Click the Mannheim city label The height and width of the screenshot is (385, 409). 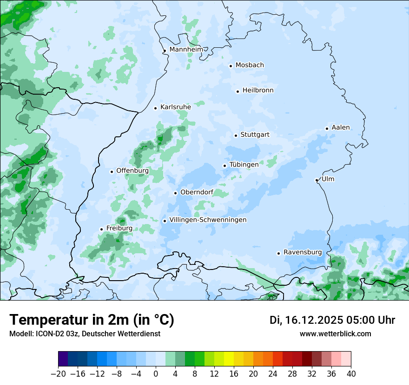(186, 49)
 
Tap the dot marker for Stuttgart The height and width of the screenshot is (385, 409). (236, 135)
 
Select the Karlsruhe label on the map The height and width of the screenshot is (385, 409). (176, 107)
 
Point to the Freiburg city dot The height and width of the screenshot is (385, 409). (101, 229)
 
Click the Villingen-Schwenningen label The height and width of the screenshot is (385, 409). (208, 220)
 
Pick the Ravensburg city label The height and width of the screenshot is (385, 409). (303, 252)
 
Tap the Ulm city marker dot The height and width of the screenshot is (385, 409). (317, 180)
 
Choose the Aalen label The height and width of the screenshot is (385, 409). (341, 128)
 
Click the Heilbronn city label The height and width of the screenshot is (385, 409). (258, 90)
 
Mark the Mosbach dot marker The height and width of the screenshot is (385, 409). (231, 66)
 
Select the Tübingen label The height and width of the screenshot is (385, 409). (244, 165)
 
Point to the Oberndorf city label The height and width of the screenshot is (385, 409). (197, 192)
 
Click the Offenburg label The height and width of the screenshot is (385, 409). (132, 171)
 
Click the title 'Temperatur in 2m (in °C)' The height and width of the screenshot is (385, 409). (92, 320)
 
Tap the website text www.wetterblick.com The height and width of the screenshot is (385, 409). (336, 334)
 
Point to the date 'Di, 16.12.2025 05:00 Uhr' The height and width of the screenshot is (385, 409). (332, 320)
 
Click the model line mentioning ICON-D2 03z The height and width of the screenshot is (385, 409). (85, 334)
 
